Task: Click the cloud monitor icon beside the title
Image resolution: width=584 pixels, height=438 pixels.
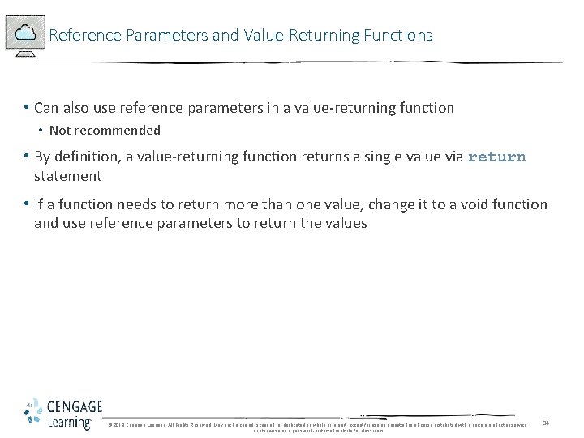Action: (24, 34)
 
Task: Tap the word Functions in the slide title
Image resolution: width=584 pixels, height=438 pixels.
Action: (398, 36)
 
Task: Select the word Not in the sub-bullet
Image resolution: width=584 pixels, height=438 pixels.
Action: (59, 130)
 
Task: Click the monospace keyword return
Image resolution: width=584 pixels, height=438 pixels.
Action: (496, 157)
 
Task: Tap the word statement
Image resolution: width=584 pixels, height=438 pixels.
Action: (67, 176)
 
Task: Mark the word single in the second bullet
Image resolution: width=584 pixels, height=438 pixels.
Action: (389, 157)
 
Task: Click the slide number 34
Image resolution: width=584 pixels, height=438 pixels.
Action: (546, 423)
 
